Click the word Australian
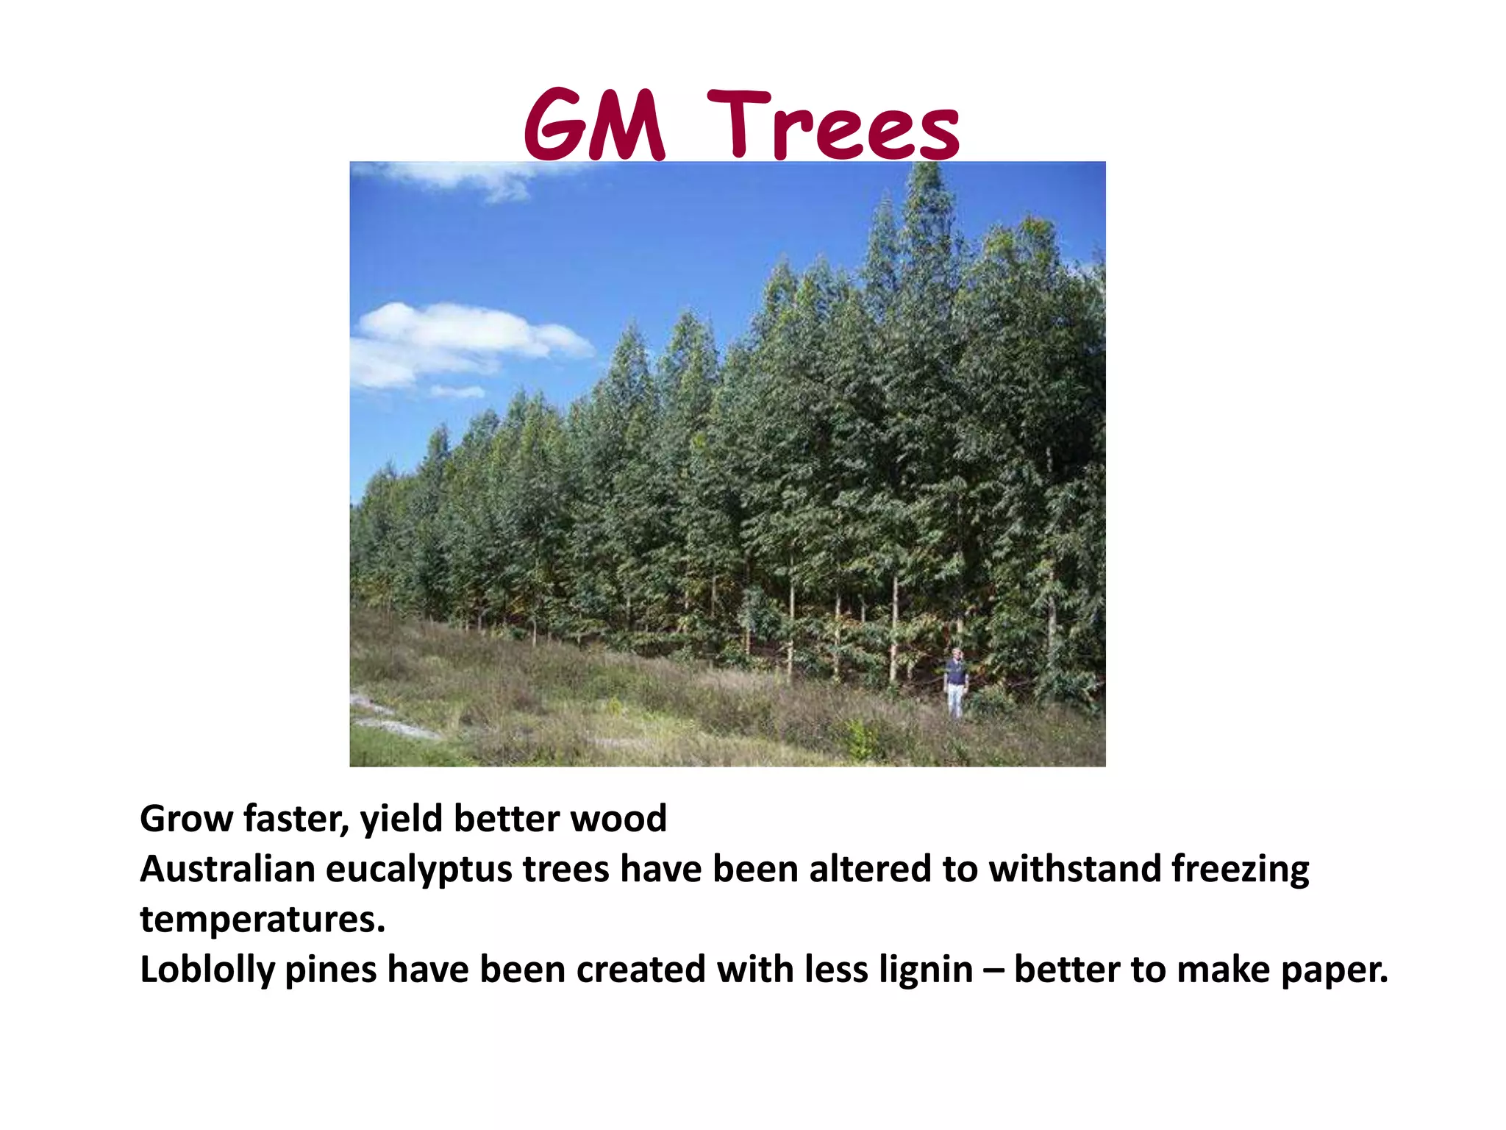227,869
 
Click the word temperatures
263,920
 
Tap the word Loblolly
207,970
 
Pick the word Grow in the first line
186,819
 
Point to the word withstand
1074,869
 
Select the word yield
401,819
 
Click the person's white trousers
954,700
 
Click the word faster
295,819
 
